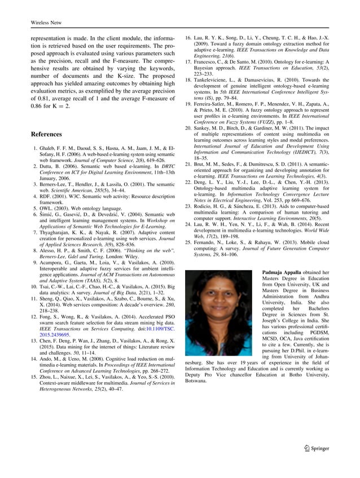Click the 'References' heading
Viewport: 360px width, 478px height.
click(x=46, y=135)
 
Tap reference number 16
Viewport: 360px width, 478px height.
click(x=189, y=36)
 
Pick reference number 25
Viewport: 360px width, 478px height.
click(x=189, y=241)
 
